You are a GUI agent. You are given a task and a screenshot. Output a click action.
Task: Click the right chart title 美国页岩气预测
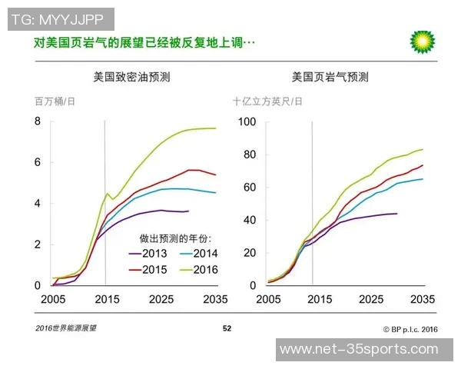click(x=330, y=77)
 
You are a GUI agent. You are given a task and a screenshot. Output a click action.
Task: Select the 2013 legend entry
click(x=150, y=254)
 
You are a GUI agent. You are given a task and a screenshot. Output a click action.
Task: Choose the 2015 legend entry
click(x=150, y=270)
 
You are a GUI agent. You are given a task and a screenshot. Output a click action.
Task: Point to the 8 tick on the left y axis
click(x=36, y=121)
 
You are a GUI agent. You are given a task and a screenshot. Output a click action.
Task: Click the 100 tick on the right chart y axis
click(x=245, y=121)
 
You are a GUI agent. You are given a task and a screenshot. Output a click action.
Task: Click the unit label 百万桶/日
click(x=55, y=101)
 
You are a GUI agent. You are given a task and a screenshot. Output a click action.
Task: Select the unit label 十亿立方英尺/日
click(x=268, y=101)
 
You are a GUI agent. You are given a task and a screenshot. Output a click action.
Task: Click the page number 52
click(x=227, y=328)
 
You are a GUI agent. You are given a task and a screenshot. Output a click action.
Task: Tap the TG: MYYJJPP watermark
click(x=61, y=18)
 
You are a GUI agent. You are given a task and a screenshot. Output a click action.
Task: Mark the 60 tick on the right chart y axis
click(x=248, y=188)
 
